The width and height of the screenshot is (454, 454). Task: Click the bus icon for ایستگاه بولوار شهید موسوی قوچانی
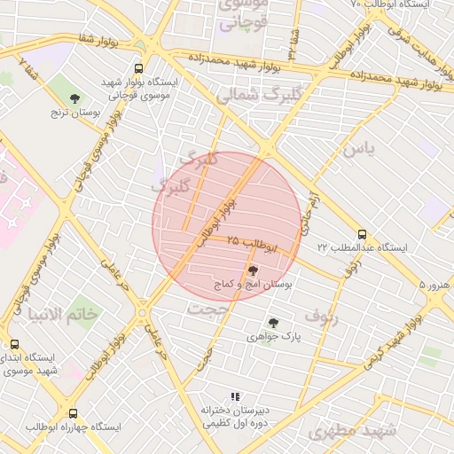[138, 68]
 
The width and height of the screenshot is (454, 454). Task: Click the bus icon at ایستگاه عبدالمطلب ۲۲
[362, 234]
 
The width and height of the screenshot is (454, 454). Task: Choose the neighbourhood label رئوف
[322, 314]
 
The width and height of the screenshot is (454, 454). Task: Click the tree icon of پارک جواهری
[273, 324]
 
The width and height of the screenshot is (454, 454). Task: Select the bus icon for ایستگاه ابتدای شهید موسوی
[14, 345]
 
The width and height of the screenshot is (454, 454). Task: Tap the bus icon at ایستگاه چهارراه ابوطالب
[73, 413]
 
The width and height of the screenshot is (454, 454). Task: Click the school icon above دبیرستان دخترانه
[235, 396]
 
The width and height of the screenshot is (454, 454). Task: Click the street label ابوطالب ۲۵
[253, 243]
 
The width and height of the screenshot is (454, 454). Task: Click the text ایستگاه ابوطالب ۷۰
[390, 5]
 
